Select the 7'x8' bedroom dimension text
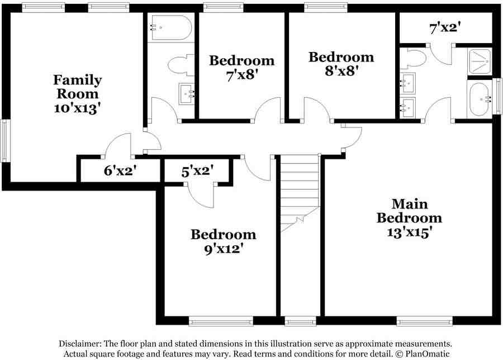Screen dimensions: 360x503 click(242, 74)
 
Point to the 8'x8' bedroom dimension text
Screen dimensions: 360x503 click(341, 71)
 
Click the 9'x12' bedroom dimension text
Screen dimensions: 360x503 click(223, 249)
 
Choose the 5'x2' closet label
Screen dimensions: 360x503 click(198, 171)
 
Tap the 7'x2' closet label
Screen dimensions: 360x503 click(445, 27)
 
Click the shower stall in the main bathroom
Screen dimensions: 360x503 click(479, 61)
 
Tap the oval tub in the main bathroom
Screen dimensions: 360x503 click(479, 100)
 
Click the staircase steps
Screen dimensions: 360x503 click(299, 190)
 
